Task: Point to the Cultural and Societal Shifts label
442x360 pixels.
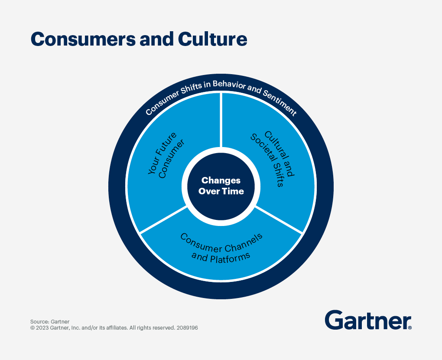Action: point(273,158)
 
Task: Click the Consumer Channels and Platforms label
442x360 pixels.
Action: point(221,246)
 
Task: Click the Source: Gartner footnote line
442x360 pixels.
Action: point(50,321)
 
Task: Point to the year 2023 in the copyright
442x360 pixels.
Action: point(42,328)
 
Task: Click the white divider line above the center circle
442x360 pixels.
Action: point(221,119)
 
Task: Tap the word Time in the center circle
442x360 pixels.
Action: point(234,191)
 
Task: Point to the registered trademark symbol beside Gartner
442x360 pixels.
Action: point(409,328)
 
